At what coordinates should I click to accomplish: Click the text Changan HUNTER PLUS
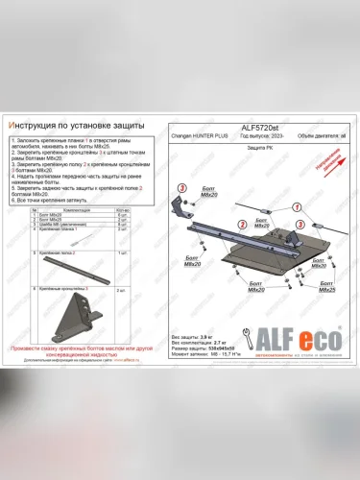tap(196, 137)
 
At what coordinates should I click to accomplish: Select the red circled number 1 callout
tap(298, 207)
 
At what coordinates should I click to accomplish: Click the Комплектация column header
tap(77, 207)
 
